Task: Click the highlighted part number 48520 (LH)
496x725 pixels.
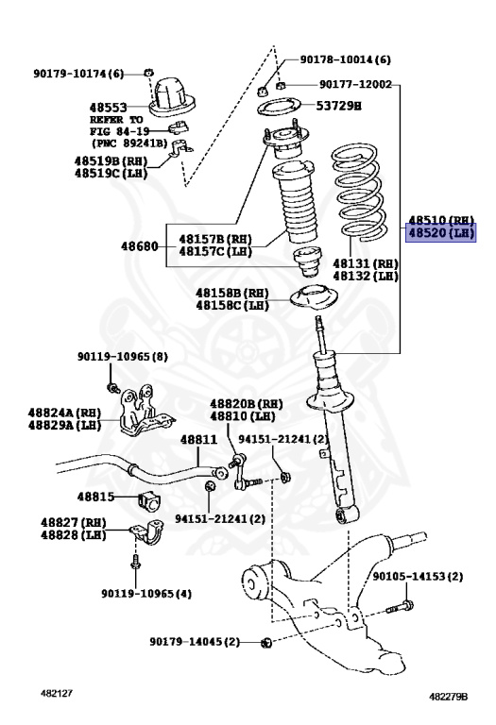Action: coord(439,232)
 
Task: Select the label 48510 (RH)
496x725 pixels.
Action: coord(440,218)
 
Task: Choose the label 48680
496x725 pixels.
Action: coord(139,245)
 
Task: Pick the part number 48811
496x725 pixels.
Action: coord(198,439)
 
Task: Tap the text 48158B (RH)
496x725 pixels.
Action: coord(232,293)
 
